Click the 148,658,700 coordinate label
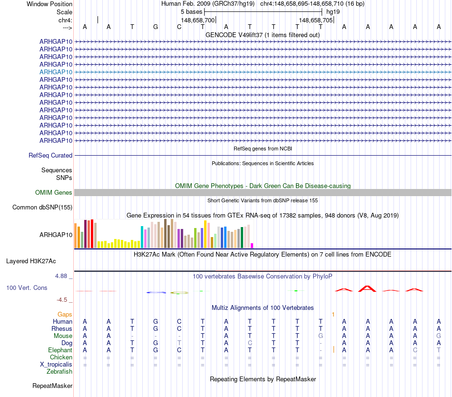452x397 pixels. click(x=198, y=20)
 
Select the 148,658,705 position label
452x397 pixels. click(x=316, y=20)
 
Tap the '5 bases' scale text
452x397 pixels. click(x=191, y=12)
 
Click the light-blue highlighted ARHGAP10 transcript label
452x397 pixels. click(x=56, y=72)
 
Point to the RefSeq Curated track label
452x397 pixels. click(x=50, y=155)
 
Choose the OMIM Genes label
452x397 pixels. click(x=54, y=193)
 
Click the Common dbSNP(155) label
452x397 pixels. click(x=42, y=207)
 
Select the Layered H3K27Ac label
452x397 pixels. click(x=31, y=261)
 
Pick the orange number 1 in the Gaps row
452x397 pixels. click(x=333, y=315)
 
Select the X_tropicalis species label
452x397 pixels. click(x=56, y=364)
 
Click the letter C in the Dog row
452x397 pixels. click(x=250, y=343)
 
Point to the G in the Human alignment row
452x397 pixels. click(x=156, y=322)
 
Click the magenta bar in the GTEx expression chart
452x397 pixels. click(x=252, y=245)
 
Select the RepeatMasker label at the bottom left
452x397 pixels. click(x=52, y=386)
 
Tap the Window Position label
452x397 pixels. click(x=49, y=4)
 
